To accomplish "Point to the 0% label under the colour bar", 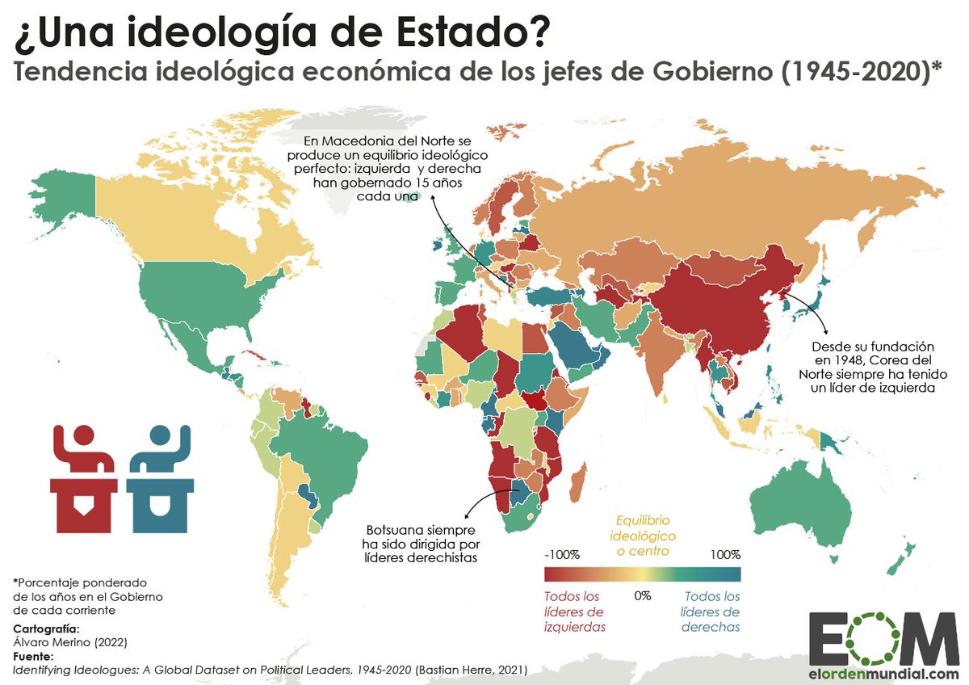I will click(642, 595).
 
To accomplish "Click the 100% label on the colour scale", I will click(725, 555).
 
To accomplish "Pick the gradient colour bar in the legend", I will click(642, 574).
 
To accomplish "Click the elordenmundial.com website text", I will click(883, 674).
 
